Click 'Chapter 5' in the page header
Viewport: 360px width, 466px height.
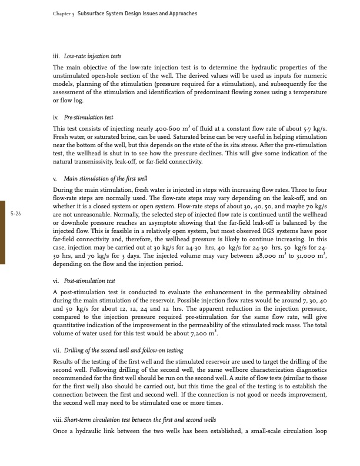[x=55, y=12]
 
